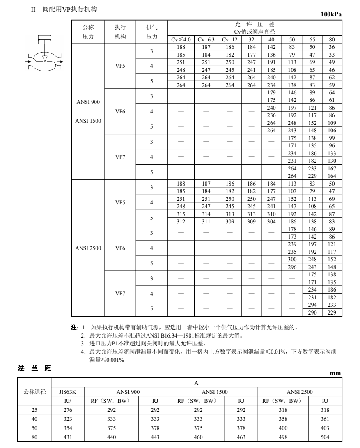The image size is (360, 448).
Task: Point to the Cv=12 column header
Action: [x=230, y=40]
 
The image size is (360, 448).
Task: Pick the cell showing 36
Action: [x=332, y=48]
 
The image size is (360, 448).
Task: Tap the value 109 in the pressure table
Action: [x=332, y=123]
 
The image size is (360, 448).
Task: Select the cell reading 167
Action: [x=332, y=169]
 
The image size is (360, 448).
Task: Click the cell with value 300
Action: [x=292, y=260]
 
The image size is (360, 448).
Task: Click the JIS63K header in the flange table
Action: [x=68, y=392]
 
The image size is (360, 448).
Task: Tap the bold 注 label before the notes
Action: [x=74, y=328]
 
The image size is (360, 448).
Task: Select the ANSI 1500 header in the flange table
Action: [x=215, y=392]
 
